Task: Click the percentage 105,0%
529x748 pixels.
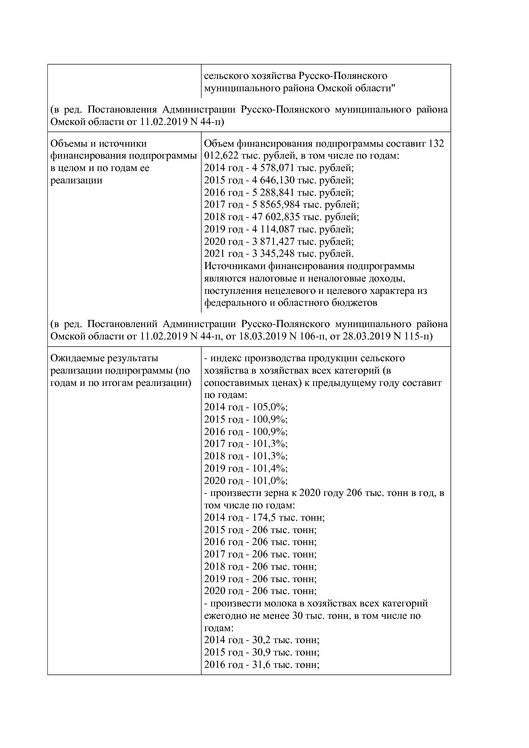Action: (273, 407)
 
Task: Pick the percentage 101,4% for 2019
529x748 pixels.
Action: (273, 468)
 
